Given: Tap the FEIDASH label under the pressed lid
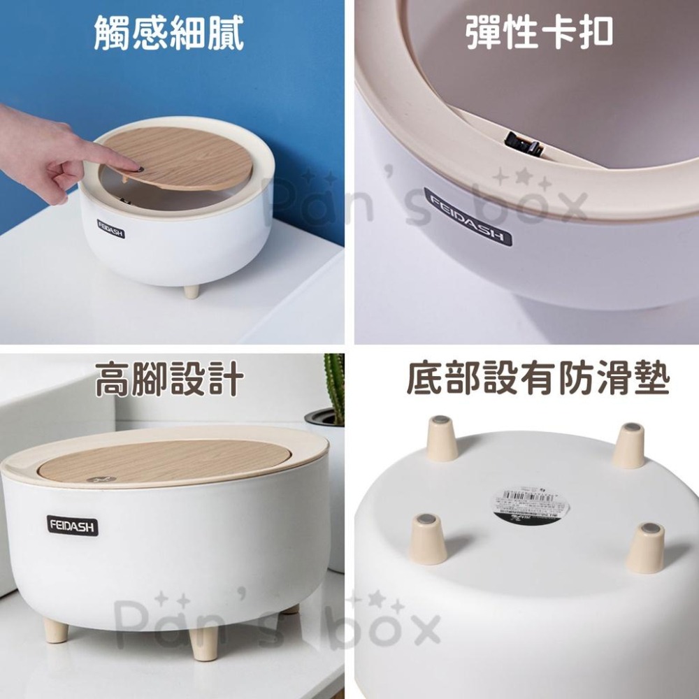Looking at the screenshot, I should pyautogui.click(x=111, y=229).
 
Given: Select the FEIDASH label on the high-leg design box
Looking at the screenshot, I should pyautogui.click(x=73, y=526).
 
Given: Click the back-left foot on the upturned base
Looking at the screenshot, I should pyautogui.click(x=441, y=438).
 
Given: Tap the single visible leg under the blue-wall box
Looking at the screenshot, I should pyautogui.click(x=191, y=290).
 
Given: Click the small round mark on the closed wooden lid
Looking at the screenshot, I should pyautogui.click(x=96, y=480).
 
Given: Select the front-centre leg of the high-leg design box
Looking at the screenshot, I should pyautogui.click(x=204, y=642).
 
